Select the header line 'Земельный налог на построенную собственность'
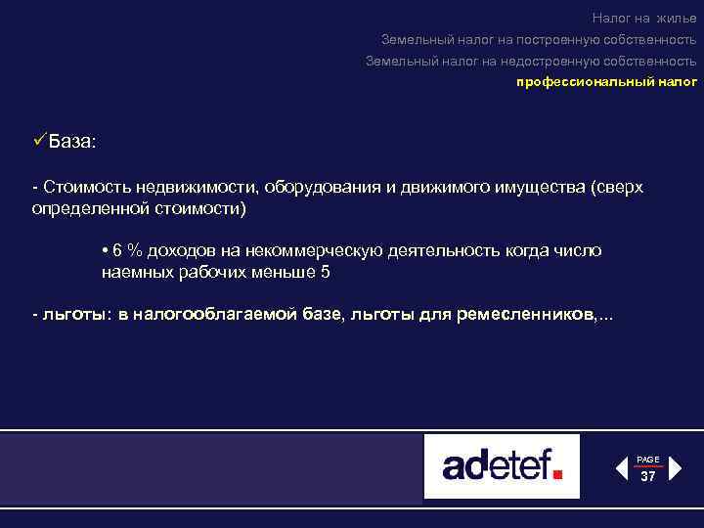[x=539, y=39]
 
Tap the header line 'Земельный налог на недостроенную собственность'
[x=531, y=61]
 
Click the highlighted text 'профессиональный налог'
[x=606, y=83]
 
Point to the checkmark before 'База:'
[x=39, y=141]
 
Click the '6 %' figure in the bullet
[x=125, y=250]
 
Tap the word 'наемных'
[x=135, y=272]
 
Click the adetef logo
[x=502, y=466]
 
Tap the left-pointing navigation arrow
[x=621, y=468]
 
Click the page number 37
[x=647, y=477]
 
